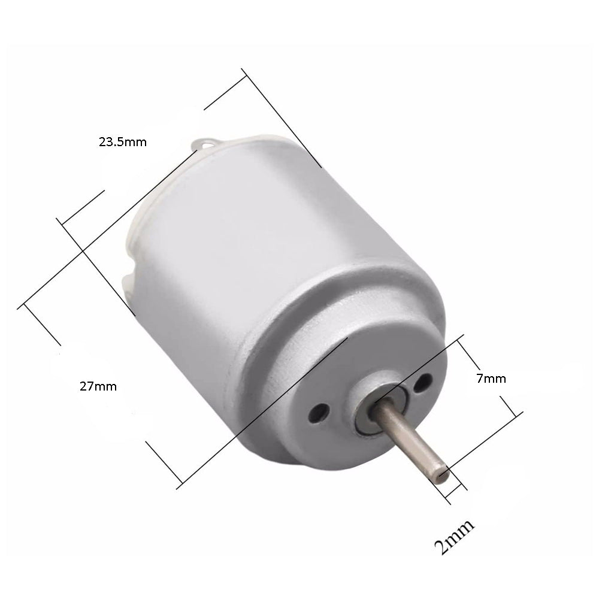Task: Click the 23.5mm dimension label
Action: tap(122, 143)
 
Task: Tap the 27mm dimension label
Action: tap(98, 386)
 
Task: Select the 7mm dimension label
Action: tap(492, 379)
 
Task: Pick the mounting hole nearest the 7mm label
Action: tap(426, 380)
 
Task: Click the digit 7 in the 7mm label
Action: tap(480, 379)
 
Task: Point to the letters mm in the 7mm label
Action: tap(496, 379)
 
